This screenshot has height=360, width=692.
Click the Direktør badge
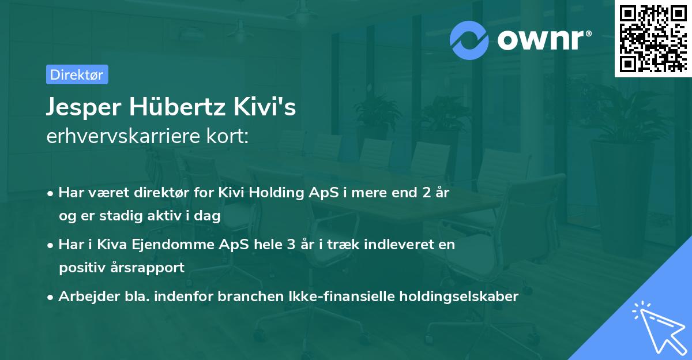[x=76, y=74]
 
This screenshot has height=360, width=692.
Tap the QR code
[x=652, y=38]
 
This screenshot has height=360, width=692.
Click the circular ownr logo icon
[x=469, y=40]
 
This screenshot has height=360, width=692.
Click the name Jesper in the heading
[x=84, y=108]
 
